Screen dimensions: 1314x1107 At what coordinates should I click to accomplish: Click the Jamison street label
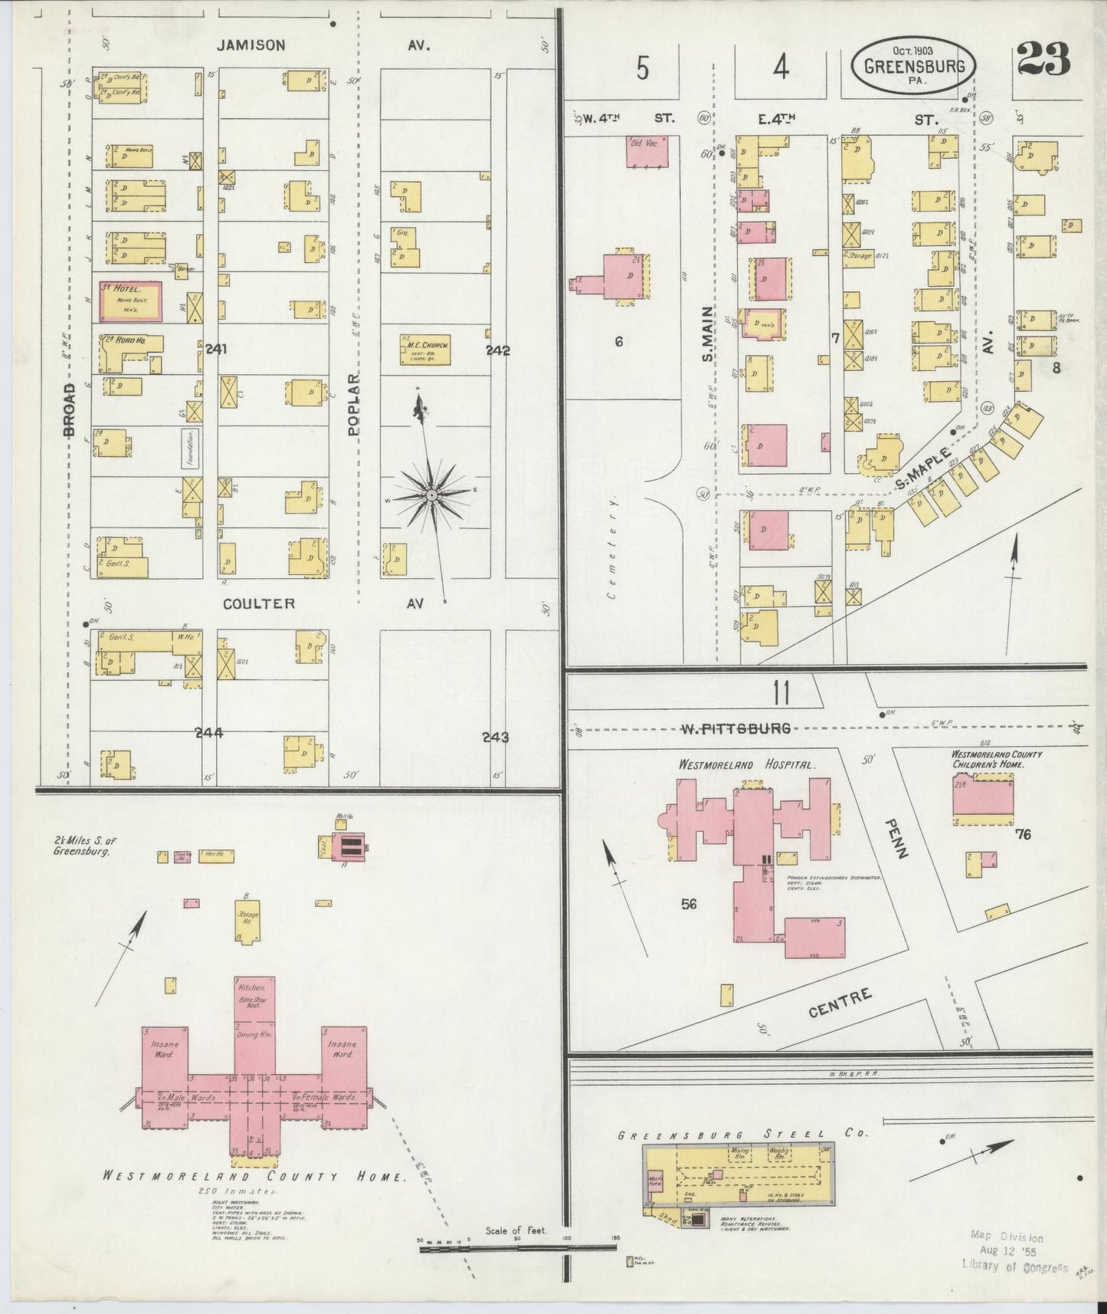point(251,45)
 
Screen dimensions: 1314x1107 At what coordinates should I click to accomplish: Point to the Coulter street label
point(259,604)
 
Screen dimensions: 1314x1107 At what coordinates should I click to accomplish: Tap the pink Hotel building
point(130,301)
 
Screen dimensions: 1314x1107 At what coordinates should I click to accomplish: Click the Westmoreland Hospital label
point(748,765)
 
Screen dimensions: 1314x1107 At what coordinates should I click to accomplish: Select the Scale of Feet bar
point(518,1248)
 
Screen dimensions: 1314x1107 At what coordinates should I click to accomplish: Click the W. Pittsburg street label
point(735,728)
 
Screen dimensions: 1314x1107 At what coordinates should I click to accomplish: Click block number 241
point(216,349)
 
